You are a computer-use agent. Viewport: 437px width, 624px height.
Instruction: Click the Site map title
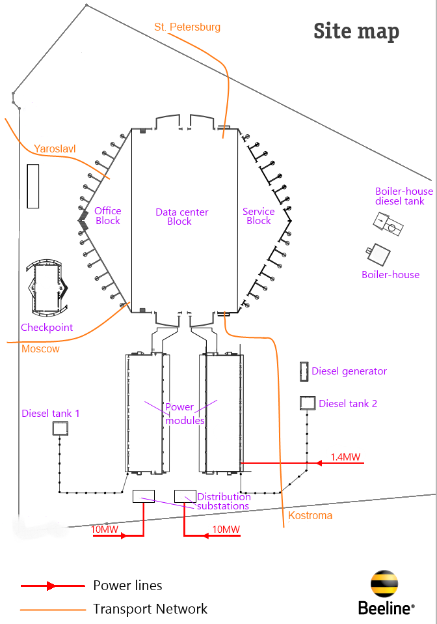pyautogui.click(x=356, y=31)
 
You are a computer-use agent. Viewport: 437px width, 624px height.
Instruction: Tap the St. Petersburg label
pyautogui.click(x=187, y=27)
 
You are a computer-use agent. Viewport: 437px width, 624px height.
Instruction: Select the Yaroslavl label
pyautogui.click(x=55, y=149)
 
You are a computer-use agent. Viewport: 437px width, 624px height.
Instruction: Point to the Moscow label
pyautogui.click(x=40, y=348)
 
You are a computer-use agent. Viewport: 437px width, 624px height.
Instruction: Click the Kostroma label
pyautogui.click(x=310, y=515)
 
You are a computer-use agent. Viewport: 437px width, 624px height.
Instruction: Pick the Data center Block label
pyautogui.click(x=181, y=216)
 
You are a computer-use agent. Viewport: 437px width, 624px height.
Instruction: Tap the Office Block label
pyautogui.click(x=108, y=216)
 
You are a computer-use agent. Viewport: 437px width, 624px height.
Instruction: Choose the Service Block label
pyautogui.click(x=259, y=216)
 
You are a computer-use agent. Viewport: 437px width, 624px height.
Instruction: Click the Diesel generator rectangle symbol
pyautogui.click(x=304, y=372)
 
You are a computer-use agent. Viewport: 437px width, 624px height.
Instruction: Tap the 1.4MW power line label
pyautogui.click(x=345, y=457)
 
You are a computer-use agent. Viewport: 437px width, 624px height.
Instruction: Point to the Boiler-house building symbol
pyautogui.click(x=378, y=254)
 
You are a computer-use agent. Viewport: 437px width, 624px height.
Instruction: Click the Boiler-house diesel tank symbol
pyautogui.click(x=388, y=224)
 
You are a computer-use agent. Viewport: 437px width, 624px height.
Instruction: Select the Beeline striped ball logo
pyautogui.click(x=384, y=584)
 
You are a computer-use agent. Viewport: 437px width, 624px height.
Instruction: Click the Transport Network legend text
pyautogui.click(x=150, y=608)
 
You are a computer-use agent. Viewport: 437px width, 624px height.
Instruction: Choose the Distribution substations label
pyautogui.click(x=224, y=502)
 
